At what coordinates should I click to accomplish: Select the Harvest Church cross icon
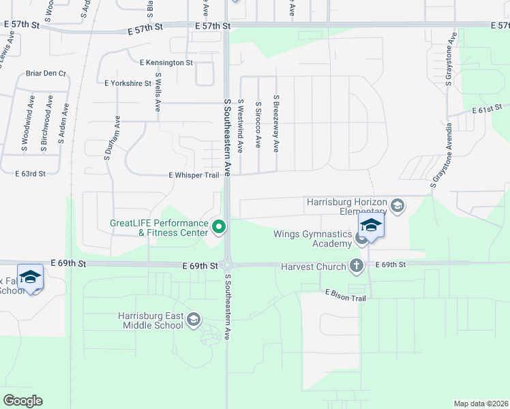click(x=356, y=266)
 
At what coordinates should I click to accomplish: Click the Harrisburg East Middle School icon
click(x=194, y=320)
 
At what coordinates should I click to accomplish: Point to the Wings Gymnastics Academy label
click(x=313, y=239)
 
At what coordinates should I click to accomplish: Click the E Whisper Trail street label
click(x=194, y=175)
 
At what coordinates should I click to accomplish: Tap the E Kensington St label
click(x=166, y=63)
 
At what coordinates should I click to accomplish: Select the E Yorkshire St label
click(x=127, y=83)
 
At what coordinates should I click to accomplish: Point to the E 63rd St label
click(x=30, y=174)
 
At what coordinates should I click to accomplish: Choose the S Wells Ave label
click(x=157, y=93)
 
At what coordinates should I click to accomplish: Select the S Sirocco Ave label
click(x=258, y=125)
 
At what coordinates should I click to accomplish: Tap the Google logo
click(x=22, y=401)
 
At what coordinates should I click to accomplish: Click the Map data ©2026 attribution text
click(x=481, y=404)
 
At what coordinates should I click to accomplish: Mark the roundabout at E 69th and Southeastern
click(x=227, y=264)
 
